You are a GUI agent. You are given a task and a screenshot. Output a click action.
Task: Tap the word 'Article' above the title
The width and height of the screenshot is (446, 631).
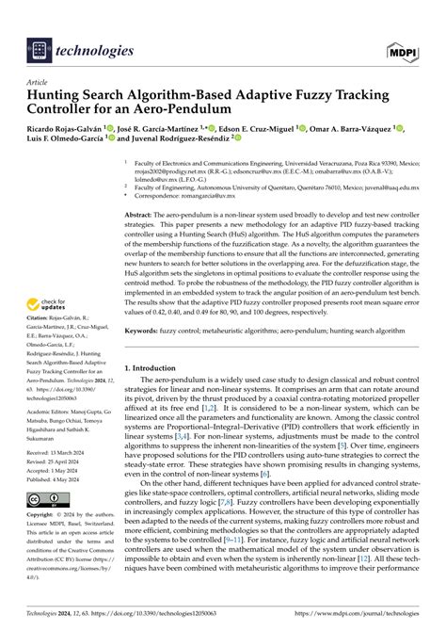coord(39,82)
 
